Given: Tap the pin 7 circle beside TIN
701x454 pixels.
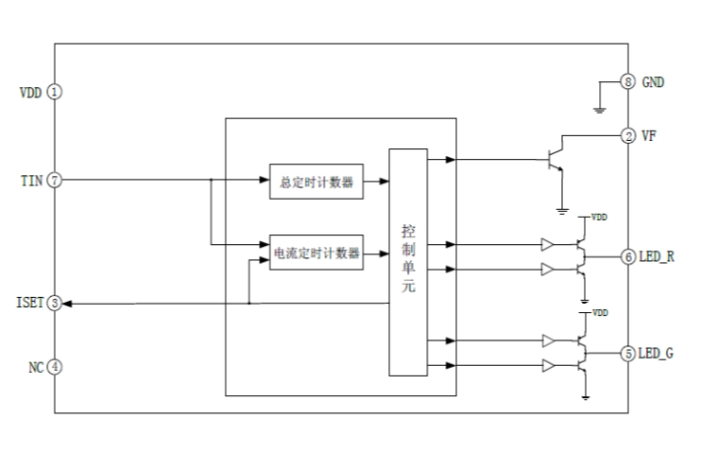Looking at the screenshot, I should click(x=55, y=180).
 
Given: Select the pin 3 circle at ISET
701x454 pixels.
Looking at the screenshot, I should click(x=55, y=304).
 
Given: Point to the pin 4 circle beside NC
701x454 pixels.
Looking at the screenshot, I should click(x=55, y=366).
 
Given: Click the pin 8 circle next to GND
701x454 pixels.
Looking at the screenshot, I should click(x=627, y=82).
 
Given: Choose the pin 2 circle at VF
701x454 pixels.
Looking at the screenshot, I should click(x=627, y=136).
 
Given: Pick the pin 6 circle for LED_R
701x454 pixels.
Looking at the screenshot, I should click(x=627, y=256).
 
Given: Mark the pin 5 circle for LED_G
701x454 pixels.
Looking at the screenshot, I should click(x=627, y=353).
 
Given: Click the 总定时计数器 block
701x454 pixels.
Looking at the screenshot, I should click(x=316, y=183).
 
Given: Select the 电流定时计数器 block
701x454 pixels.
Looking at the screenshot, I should click(x=316, y=253).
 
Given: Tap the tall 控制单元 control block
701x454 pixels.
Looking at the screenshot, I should click(x=408, y=261).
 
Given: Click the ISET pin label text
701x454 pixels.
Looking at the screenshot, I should click(x=29, y=304).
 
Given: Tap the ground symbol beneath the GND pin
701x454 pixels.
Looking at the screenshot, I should click(x=599, y=109).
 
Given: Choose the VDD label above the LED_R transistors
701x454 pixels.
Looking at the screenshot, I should click(x=599, y=217).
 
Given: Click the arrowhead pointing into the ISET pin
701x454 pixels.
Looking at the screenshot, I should click(x=68, y=304).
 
